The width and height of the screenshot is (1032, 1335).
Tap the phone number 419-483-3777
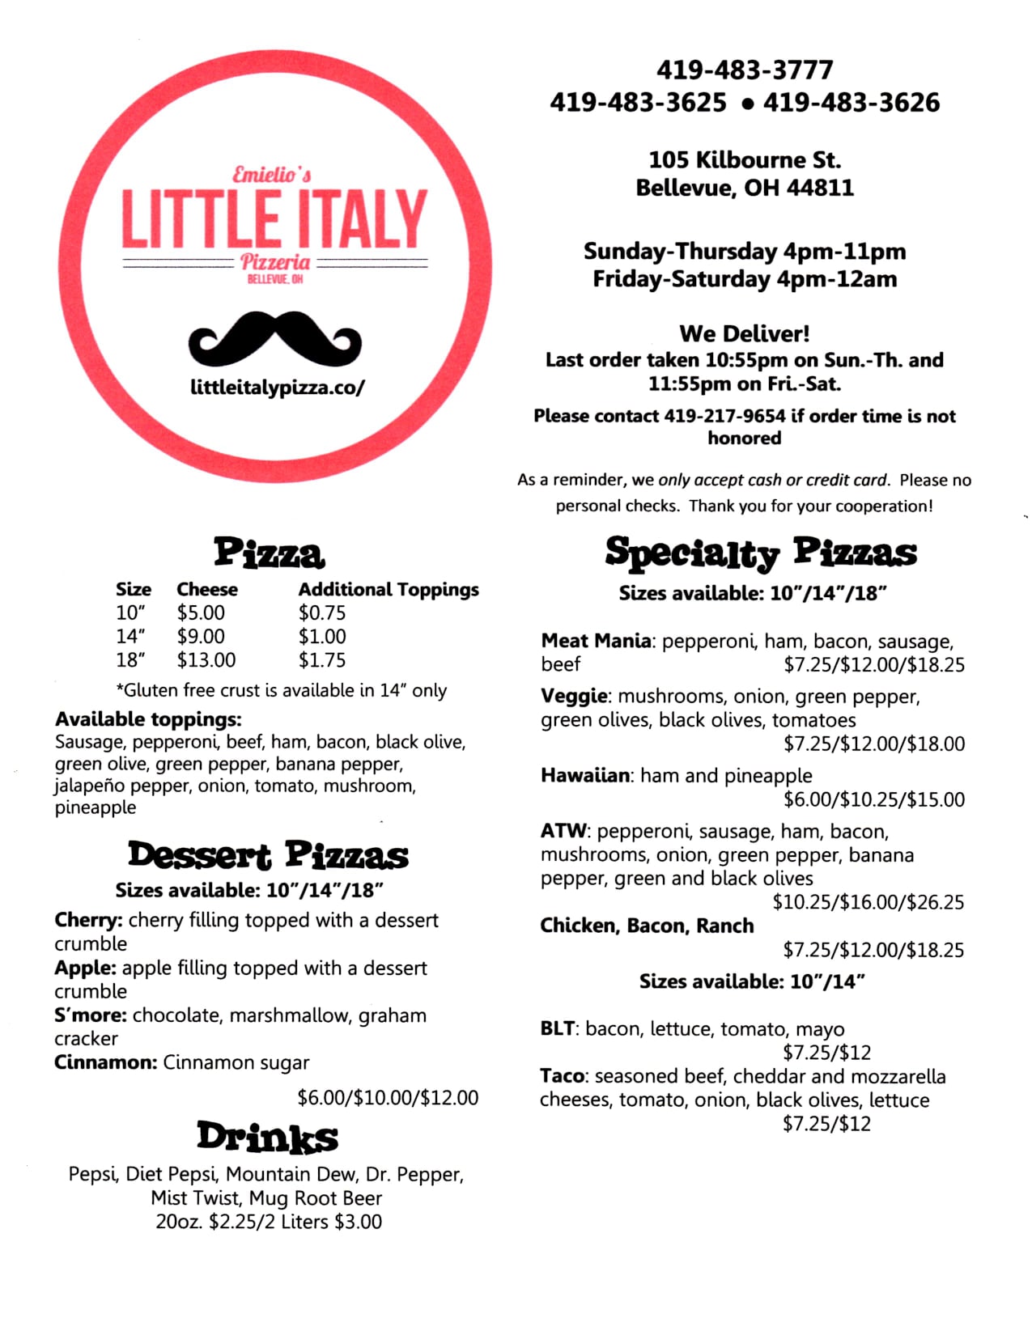(744, 70)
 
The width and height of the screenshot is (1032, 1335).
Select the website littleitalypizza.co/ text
(278, 388)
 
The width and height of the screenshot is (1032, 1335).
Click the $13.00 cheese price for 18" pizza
(206, 660)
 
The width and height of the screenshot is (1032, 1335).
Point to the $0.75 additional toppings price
(321, 613)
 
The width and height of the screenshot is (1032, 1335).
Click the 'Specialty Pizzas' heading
(760, 553)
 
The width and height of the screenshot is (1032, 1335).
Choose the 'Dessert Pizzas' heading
(268, 856)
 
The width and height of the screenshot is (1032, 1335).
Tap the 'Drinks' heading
(267, 1137)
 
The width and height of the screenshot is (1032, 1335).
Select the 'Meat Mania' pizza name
(596, 641)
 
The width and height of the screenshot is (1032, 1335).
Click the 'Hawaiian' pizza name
(585, 775)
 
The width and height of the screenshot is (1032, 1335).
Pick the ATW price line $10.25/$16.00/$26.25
(868, 902)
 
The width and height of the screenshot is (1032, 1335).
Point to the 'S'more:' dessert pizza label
(91, 1015)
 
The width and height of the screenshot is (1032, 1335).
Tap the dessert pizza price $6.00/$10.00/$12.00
(388, 1098)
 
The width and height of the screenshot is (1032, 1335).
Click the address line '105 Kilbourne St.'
(744, 159)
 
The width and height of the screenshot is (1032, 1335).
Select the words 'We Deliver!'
(744, 333)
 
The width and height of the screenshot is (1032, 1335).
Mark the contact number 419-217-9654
(724, 416)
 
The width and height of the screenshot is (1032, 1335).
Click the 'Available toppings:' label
(148, 719)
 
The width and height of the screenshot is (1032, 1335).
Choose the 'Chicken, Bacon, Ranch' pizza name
(647, 926)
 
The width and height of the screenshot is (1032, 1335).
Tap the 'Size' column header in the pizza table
(134, 590)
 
